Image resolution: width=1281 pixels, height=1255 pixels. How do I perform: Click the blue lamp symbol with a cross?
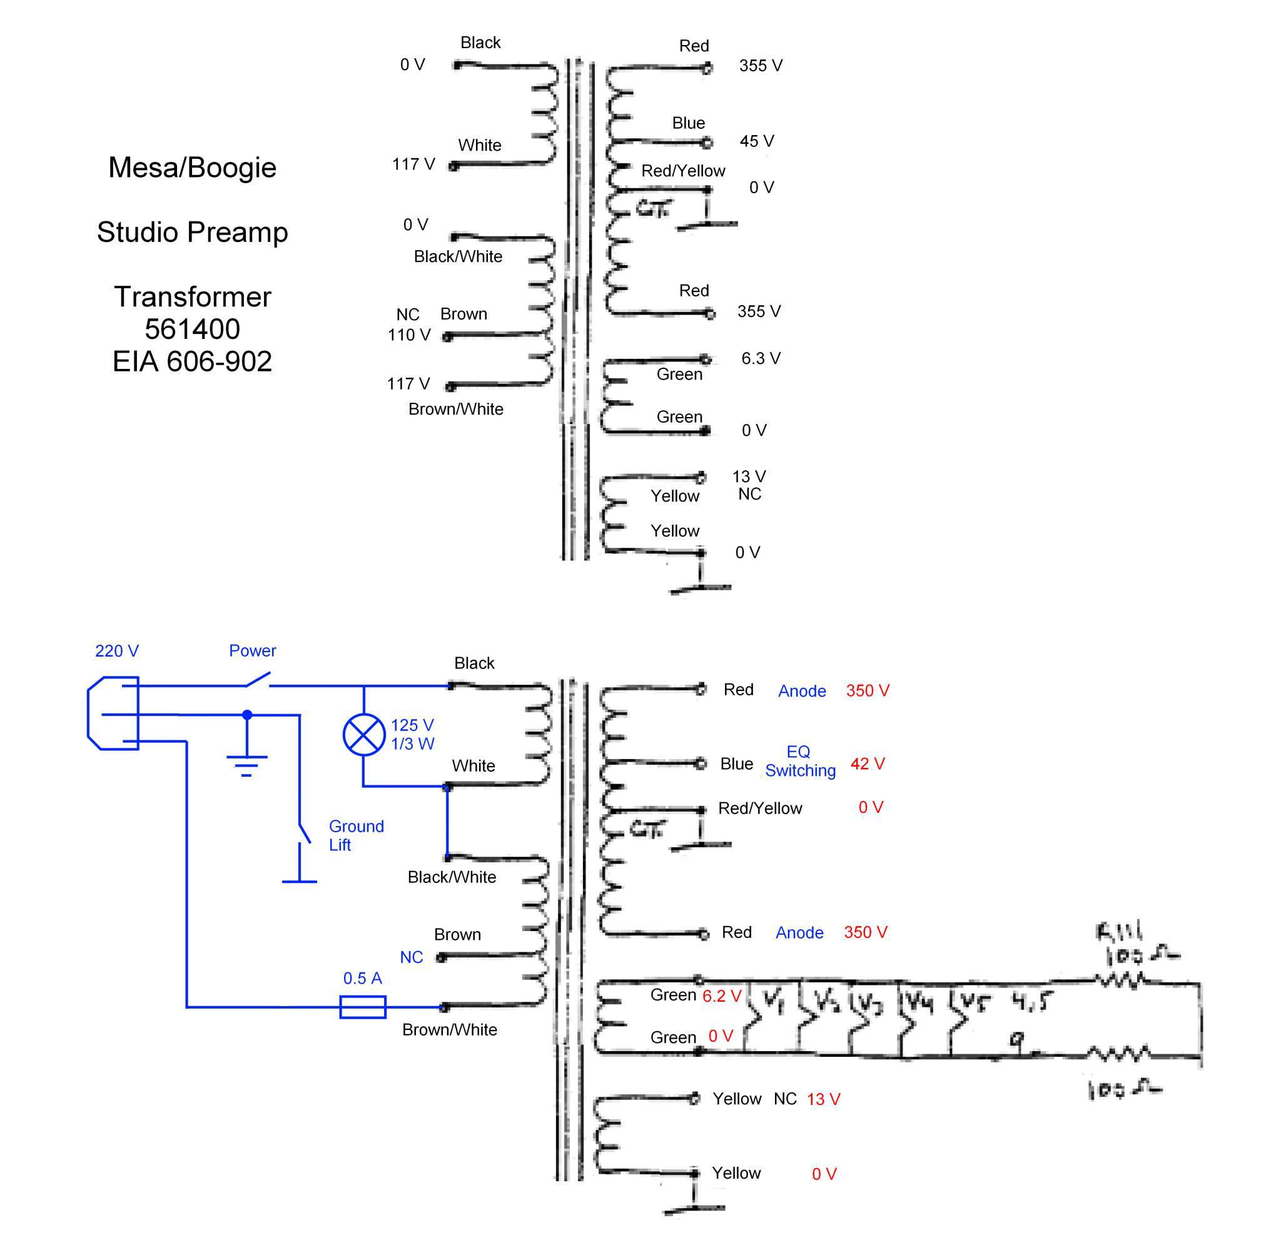[x=364, y=734]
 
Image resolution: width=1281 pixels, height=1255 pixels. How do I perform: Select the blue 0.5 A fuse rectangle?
[x=363, y=1007]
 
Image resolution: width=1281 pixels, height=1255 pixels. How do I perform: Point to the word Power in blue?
[x=253, y=650]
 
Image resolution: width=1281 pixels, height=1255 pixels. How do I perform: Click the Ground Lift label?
[x=356, y=835]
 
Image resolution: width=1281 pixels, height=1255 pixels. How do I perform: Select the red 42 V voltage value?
[x=868, y=764]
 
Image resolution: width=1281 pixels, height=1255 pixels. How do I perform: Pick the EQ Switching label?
[x=800, y=761]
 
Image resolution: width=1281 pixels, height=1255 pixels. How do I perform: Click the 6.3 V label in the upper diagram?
[x=761, y=358]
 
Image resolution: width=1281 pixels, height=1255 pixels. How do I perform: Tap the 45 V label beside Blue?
[x=757, y=141]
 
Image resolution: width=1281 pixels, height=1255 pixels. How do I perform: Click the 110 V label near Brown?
[x=409, y=335]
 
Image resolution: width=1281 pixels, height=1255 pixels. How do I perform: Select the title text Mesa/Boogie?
[x=193, y=168]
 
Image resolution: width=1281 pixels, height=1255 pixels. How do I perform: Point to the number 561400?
[x=193, y=329]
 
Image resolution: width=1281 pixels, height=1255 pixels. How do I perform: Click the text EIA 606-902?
[x=193, y=361]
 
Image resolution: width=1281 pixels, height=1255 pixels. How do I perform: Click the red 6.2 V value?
[x=722, y=995]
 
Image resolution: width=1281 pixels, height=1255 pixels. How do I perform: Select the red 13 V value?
[x=823, y=1099]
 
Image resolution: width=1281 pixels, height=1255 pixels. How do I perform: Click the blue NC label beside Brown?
[x=412, y=957]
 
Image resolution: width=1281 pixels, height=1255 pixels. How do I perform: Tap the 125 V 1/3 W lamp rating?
[x=413, y=734]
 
